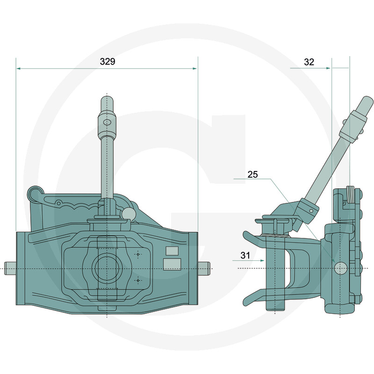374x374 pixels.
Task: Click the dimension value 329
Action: pyautogui.click(x=108, y=62)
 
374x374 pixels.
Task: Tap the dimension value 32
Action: pyautogui.click(x=309, y=62)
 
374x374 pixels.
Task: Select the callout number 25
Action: pyautogui.click(x=252, y=174)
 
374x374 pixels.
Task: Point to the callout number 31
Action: pyautogui.click(x=245, y=255)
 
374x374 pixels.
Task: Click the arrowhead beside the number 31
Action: pyautogui.click(x=262, y=260)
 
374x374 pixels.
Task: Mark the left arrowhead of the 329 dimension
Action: pyautogui.click(x=18, y=68)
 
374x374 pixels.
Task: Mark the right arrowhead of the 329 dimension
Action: pyautogui.click(x=194, y=68)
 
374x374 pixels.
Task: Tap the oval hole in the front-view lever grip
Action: pyautogui.click(x=107, y=122)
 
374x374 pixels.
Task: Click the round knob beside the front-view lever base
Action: pyautogui.click(x=129, y=213)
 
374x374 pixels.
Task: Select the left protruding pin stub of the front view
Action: pyautogui.click(x=10, y=268)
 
